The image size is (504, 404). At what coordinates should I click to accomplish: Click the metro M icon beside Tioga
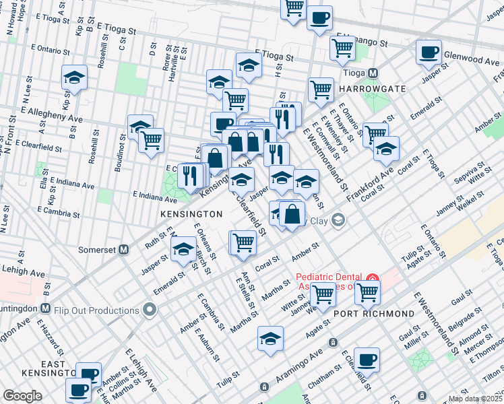(x=371, y=73)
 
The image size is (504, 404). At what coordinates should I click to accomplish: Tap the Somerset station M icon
(x=123, y=249)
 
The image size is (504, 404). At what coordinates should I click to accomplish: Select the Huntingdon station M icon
(x=44, y=308)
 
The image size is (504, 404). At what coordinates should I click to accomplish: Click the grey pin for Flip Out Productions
(x=149, y=310)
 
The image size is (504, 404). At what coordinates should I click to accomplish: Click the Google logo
(x=23, y=395)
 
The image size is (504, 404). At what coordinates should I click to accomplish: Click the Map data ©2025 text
(x=475, y=399)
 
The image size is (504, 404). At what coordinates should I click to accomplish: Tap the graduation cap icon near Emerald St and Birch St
(x=183, y=249)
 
